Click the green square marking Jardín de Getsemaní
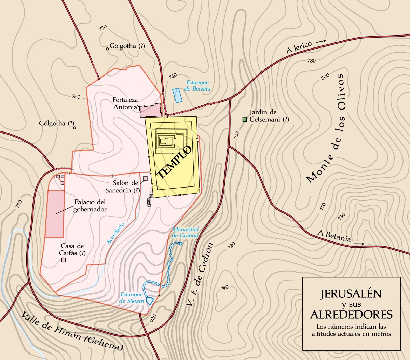(244, 120)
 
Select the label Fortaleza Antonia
(125, 103)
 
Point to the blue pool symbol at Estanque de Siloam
(150, 301)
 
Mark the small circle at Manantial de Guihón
(180, 244)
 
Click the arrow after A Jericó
(321, 41)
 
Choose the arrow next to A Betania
(359, 244)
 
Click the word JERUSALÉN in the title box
(351, 294)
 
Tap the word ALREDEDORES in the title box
(351, 314)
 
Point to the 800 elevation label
(325, 76)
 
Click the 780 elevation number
(311, 61)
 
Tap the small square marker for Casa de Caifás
(63, 260)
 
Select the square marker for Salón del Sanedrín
(145, 178)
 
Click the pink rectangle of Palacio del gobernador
(55, 214)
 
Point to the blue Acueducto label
(115, 234)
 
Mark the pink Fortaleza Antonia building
(150, 110)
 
